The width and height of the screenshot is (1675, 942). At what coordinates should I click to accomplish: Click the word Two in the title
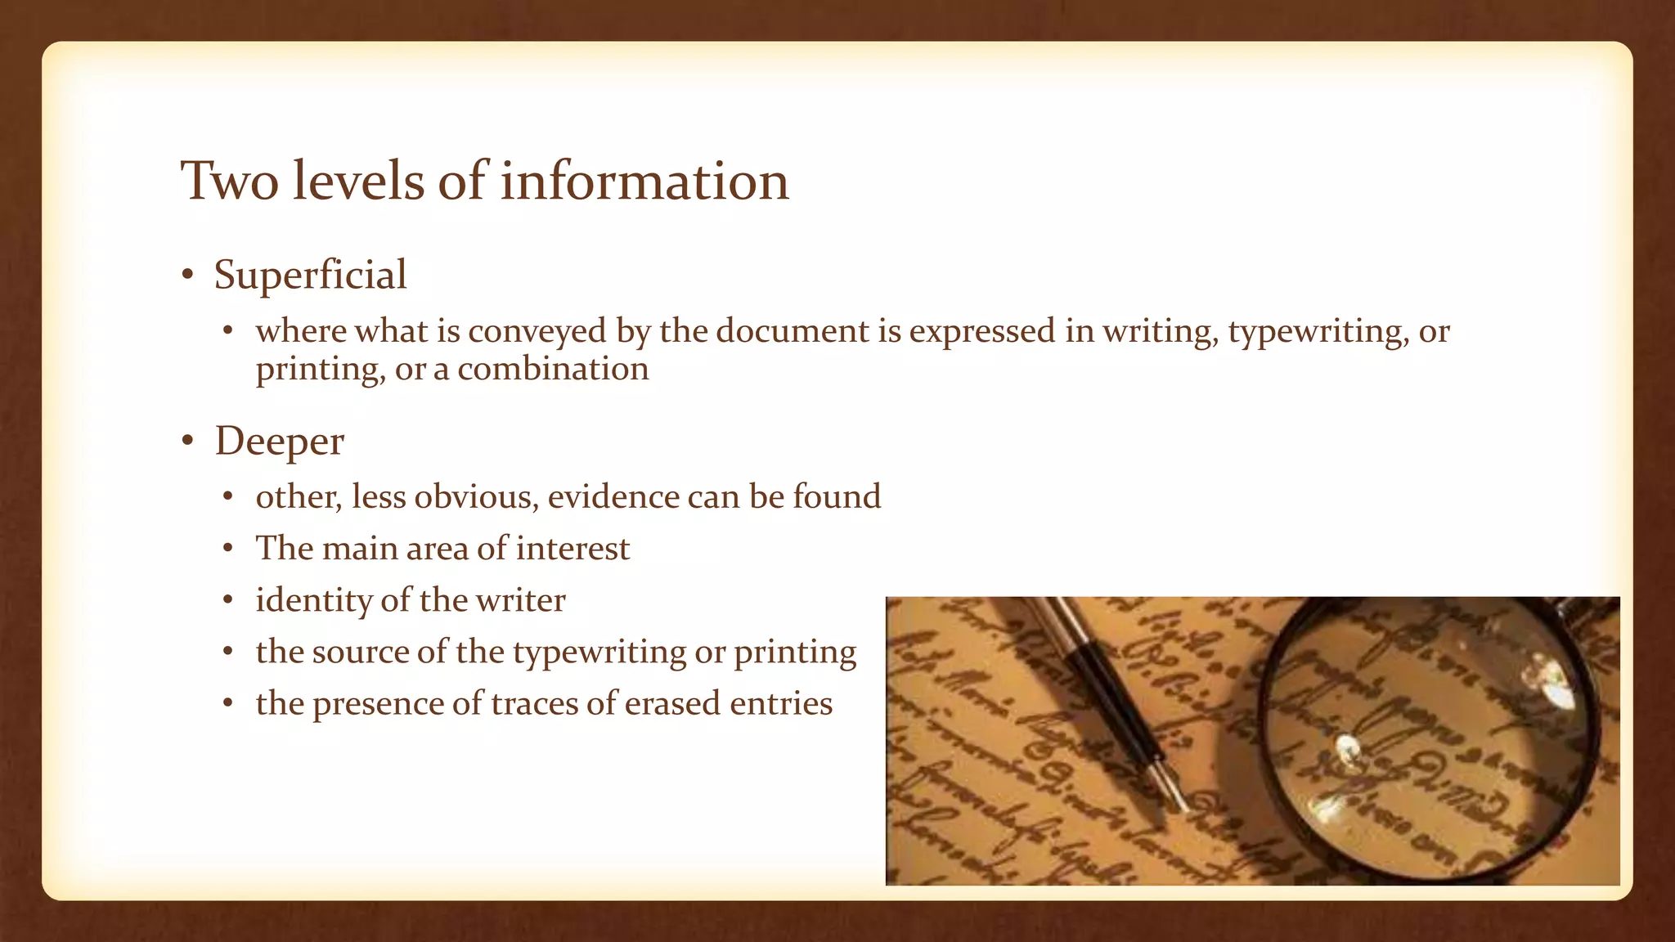(x=230, y=181)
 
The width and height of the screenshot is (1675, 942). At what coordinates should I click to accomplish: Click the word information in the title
(x=644, y=181)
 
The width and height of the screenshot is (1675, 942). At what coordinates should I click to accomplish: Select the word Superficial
(x=310, y=275)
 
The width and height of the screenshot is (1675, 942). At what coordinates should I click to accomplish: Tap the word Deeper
(x=279, y=442)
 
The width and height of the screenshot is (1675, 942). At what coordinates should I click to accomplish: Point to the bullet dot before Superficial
(x=187, y=276)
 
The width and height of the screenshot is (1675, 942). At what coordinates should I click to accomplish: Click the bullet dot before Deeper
(x=187, y=442)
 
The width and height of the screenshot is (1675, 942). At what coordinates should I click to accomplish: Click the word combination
(x=553, y=369)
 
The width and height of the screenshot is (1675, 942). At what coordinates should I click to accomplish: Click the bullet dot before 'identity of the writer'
(x=229, y=601)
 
